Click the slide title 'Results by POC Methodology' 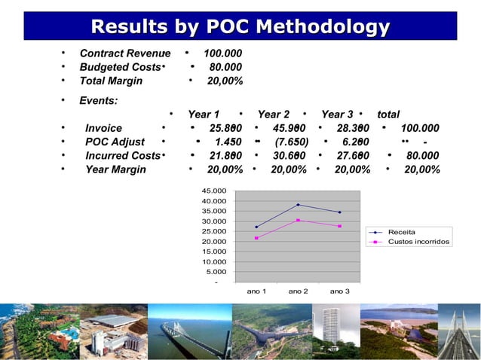pos(240,28)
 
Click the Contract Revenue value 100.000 pos(222,54)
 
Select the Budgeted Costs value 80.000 pos(225,68)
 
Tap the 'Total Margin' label pos(114,81)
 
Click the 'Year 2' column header pos(274,114)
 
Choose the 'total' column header pos(388,114)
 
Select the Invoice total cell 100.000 pos(420,128)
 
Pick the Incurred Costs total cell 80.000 pos(423,156)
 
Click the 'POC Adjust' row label pos(115,142)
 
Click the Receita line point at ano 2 pos(298,205)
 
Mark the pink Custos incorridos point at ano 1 pos(256,238)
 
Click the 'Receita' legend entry pos(401,231)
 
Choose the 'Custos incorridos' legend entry pos(418,242)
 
